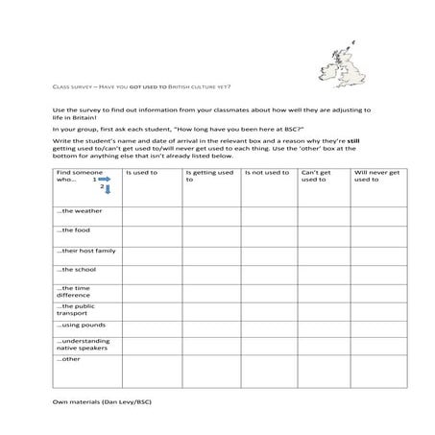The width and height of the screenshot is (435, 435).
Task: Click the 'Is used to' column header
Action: pos(142,173)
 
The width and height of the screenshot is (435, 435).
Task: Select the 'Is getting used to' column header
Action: pos(208,176)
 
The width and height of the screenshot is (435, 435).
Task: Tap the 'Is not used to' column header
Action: pos(267,173)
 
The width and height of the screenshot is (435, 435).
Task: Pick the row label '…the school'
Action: pos(77,270)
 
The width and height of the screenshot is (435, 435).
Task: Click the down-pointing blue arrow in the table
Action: pos(109,189)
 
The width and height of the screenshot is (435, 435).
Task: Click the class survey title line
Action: pos(141,85)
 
